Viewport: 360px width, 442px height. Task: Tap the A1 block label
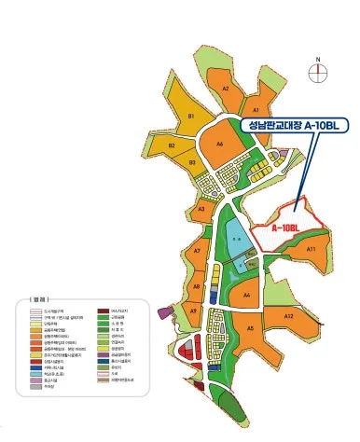click(x=256, y=110)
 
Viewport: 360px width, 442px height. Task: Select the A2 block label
click(x=226, y=88)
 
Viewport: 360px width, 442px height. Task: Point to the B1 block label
click(x=190, y=116)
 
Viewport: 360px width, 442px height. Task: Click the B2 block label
click(x=173, y=145)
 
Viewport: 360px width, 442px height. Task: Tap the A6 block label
click(x=221, y=145)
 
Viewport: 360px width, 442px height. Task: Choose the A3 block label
click(x=201, y=210)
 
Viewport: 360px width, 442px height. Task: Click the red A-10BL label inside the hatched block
click(x=284, y=228)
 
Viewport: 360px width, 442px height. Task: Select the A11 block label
click(x=312, y=249)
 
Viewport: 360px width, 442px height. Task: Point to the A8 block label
click(x=196, y=286)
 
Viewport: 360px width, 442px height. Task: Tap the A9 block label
click(x=193, y=311)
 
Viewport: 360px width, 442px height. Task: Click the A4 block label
click(x=247, y=295)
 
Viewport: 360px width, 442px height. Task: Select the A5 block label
click(x=250, y=328)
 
